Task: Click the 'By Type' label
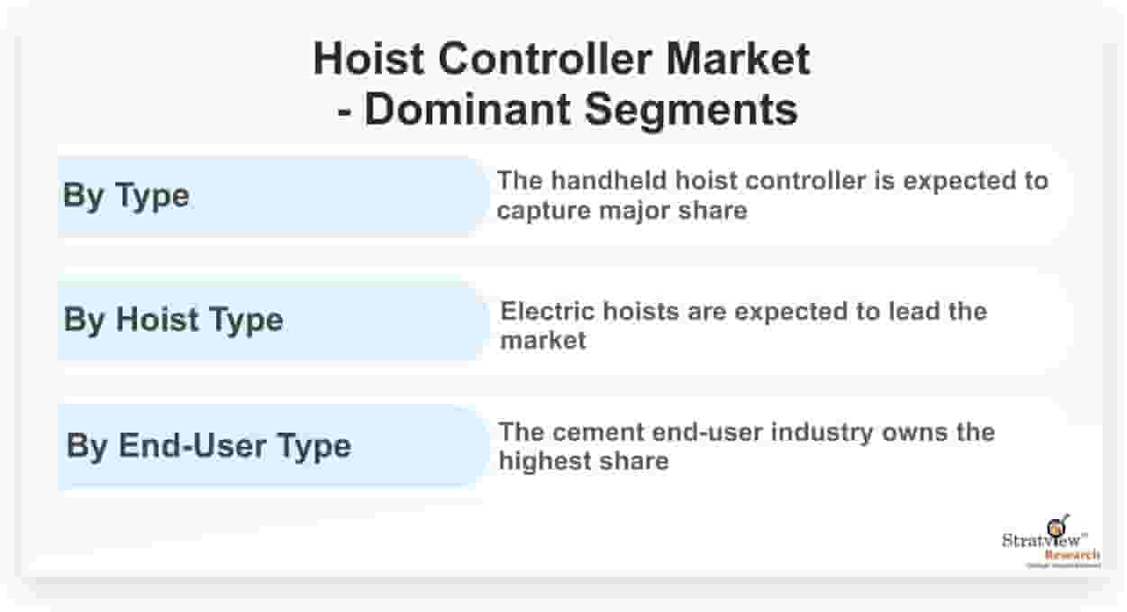tap(126, 196)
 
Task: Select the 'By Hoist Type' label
tap(173, 320)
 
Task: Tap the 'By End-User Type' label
tap(208, 445)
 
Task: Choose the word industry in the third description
tap(822, 432)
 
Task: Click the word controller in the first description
tap(796, 181)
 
